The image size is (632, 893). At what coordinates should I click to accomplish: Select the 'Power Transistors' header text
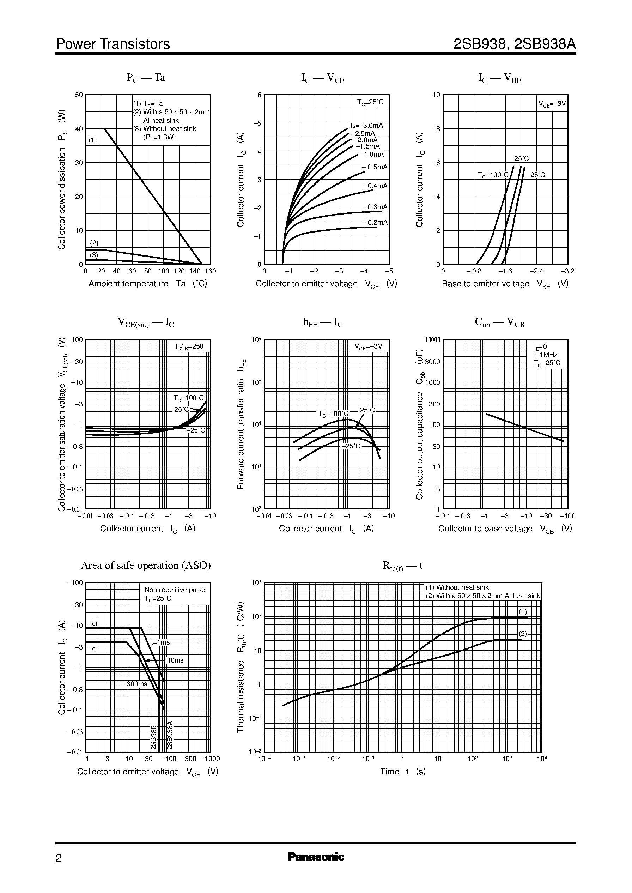pyautogui.click(x=113, y=44)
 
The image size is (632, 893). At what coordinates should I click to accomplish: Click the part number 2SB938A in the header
pyautogui.click(x=545, y=44)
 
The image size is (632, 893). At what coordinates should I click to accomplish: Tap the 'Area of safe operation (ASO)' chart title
pyautogui.click(x=146, y=565)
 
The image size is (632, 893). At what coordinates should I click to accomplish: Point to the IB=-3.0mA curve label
pyautogui.click(x=366, y=126)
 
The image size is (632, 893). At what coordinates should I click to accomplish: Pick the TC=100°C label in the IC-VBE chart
pyautogui.click(x=493, y=175)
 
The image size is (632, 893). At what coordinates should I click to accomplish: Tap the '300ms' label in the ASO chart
pyautogui.click(x=136, y=684)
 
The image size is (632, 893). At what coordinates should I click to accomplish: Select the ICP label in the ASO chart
pyautogui.click(x=94, y=622)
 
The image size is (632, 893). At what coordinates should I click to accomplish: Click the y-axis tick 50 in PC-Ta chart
pyautogui.click(x=79, y=95)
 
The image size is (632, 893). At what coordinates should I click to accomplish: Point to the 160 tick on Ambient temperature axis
pyautogui.click(x=210, y=271)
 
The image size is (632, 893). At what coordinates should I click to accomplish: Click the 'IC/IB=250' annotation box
pyautogui.click(x=189, y=346)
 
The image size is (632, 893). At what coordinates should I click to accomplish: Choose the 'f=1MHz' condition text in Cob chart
pyautogui.click(x=546, y=355)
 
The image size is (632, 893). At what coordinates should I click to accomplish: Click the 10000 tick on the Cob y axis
pyautogui.click(x=432, y=340)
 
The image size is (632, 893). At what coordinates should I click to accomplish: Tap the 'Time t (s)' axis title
pyautogui.click(x=403, y=772)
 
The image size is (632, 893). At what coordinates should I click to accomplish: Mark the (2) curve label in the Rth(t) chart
pyautogui.click(x=523, y=633)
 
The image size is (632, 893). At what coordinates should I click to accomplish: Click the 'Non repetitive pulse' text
pyautogui.click(x=175, y=590)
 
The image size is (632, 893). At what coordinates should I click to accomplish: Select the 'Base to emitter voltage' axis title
pyautogui.click(x=485, y=284)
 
